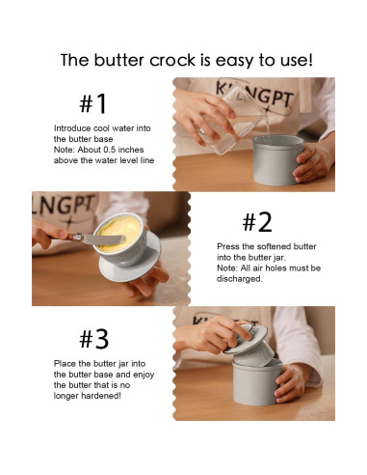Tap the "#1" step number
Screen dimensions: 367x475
[x=93, y=103]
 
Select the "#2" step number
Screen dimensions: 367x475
[x=257, y=222]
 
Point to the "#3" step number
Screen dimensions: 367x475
[x=94, y=339]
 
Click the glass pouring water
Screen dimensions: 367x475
[x=231, y=123]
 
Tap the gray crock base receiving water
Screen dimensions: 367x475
[x=277, y=160]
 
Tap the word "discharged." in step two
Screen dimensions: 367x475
[x=240, y=279]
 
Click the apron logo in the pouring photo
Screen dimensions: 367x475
[x=254, y=96]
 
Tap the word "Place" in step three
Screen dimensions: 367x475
[x=65, y=364]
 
